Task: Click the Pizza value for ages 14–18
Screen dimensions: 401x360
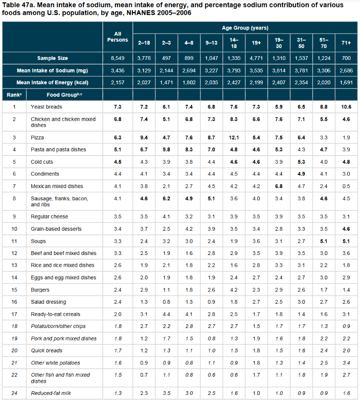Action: point(234,138)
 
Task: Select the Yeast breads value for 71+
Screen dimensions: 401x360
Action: point(346,107)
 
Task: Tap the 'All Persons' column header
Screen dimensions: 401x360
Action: point(118,36)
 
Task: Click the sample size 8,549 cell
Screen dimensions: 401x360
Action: point(118,58)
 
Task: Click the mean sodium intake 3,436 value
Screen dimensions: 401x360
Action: point(118,70)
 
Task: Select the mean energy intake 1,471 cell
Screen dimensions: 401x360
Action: point(166,82)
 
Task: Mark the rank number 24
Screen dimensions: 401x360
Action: point(14,393)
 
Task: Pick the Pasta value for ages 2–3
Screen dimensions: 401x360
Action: point(166,150)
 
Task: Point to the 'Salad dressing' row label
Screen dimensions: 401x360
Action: point(48,302)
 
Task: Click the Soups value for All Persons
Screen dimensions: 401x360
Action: point(118,241)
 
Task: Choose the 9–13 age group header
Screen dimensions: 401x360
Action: point(211,43)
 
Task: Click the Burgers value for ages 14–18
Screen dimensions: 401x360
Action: point(234,290)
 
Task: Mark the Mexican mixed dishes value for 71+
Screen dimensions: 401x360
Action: point(346,186)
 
